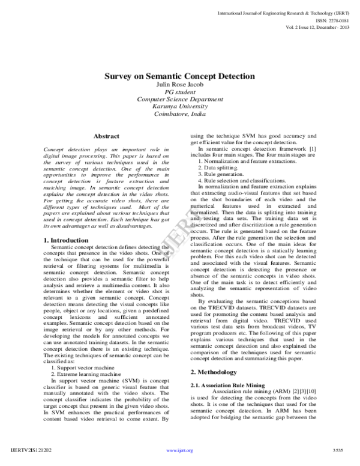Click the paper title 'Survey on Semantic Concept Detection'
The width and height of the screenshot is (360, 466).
[180, 76]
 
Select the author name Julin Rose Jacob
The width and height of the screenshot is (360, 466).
[180, 85]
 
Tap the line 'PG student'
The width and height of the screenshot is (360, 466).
[180, 92]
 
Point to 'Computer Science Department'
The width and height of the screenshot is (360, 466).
[180, 99]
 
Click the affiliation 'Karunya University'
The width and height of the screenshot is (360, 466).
[180, 106]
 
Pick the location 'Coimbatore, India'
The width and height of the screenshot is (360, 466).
[180, 113]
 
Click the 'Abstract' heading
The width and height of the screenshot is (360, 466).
[107, 137]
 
